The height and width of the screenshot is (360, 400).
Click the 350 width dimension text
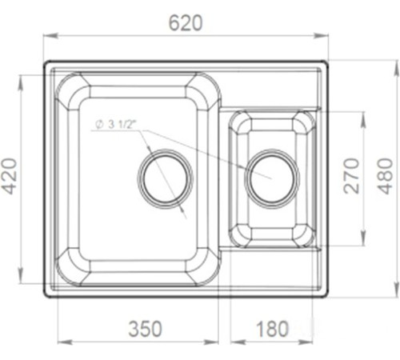click(x=145, y=329)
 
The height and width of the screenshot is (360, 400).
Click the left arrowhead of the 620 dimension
click(x=46, y=35)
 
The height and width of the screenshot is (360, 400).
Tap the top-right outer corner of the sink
click(x=328, y=62)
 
